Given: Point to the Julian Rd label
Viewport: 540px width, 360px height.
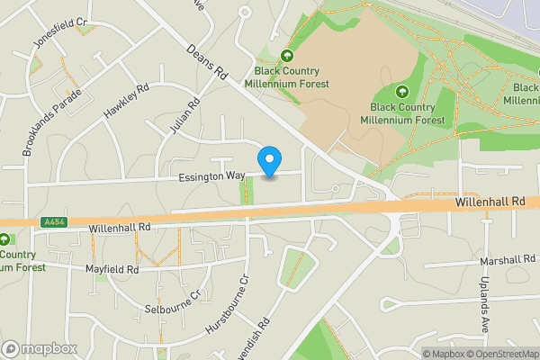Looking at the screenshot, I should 184,118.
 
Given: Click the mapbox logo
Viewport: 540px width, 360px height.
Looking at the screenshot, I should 40,348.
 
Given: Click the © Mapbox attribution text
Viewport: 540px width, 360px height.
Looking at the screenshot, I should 443,353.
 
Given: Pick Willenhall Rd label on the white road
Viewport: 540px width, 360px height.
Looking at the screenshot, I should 120,229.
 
